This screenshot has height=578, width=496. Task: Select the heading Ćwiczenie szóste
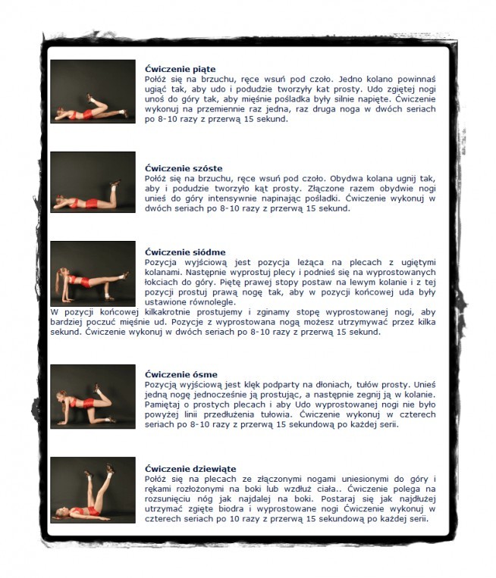click(179, 168)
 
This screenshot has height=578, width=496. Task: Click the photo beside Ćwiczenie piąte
click(93, 92)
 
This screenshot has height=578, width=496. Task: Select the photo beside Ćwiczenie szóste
click(93, 182)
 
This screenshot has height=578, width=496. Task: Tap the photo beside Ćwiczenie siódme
click(93, 273)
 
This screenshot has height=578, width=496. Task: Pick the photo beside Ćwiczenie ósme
click(93, 396)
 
